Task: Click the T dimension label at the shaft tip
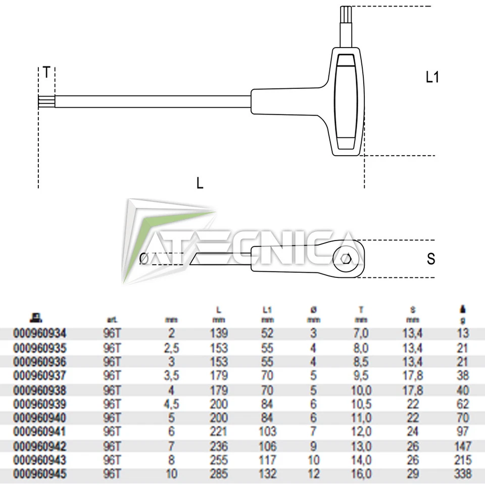[46, 73]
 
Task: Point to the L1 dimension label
[431, 77]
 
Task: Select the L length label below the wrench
[200, 183]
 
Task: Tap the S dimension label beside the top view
[430, 259]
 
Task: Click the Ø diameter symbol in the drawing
[143, 259]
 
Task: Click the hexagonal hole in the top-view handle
[346, 259]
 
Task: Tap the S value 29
[413, 474]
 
